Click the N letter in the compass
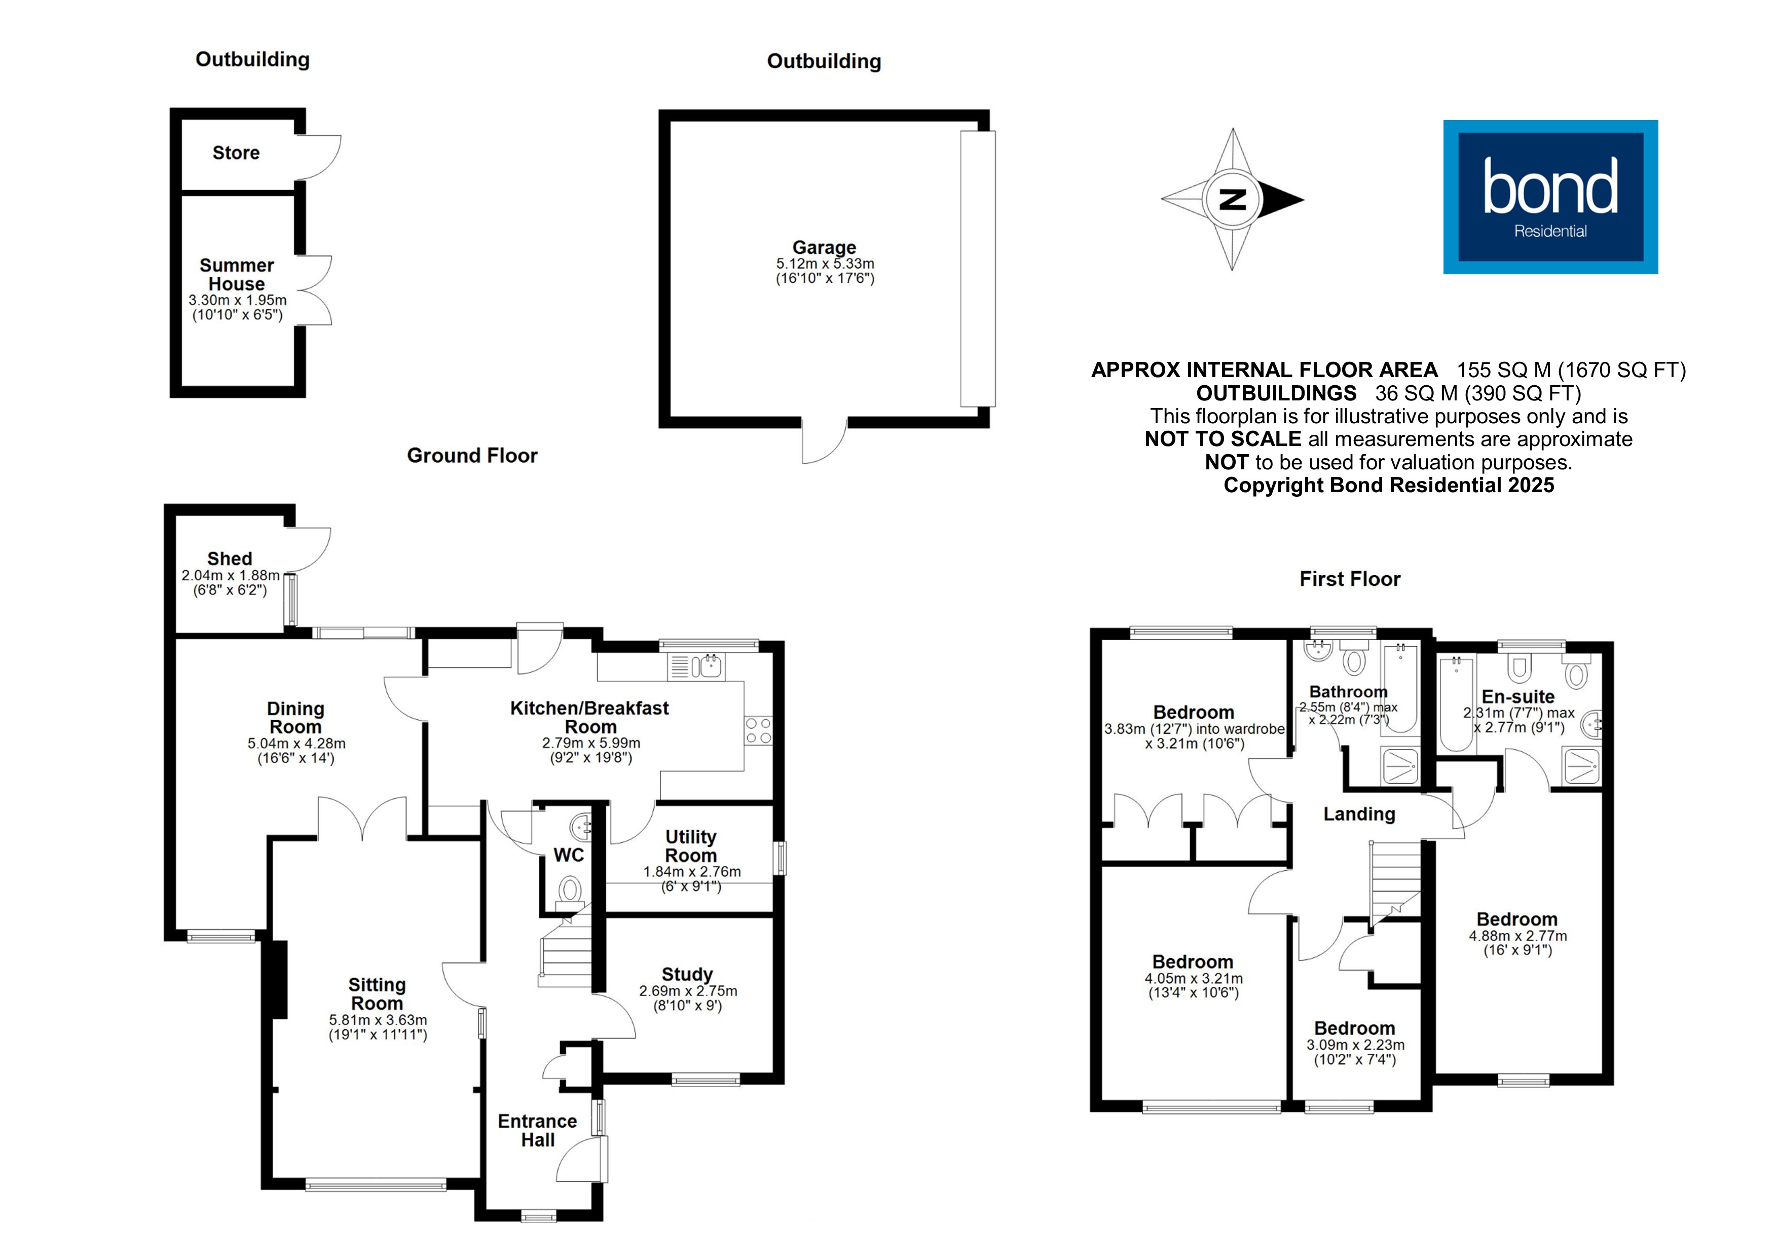click(x=1232, y=199)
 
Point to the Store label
click(x=236, y=153)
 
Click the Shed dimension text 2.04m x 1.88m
click(x=230, y=575)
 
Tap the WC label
click(x=568, y=855)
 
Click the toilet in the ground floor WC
click(x=571, y=889)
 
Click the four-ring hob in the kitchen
click(x=758, y=730)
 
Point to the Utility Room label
click(x=691, y=846)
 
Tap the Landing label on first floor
click(x=1359, y=814)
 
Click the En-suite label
click(x=1518, y=696)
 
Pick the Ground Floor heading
click(x=472, y=455)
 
